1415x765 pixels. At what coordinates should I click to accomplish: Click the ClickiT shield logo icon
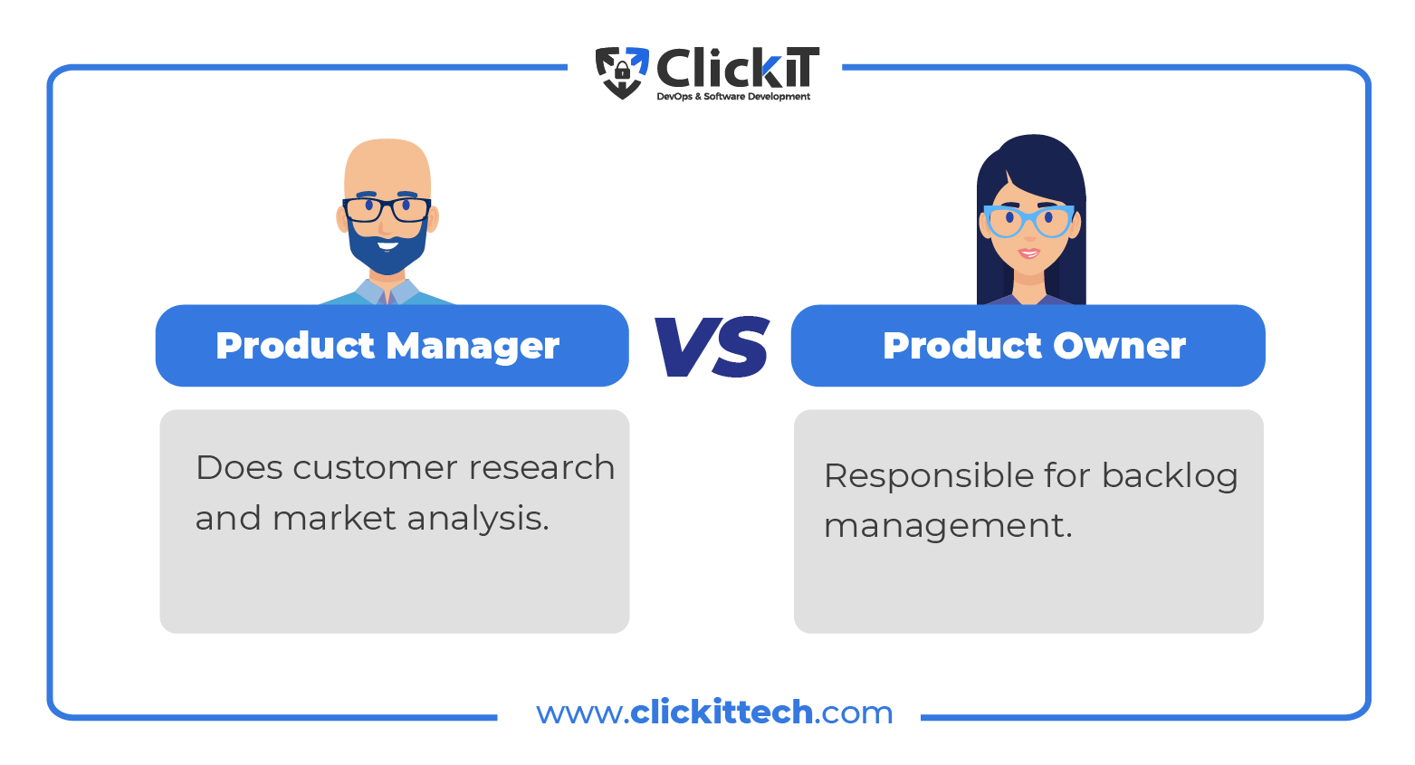click(622, 72)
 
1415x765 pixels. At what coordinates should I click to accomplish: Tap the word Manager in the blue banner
click(473, 347)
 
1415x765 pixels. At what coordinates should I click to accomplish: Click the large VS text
click(712, 346)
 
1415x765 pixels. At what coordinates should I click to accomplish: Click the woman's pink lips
click(1028, 253)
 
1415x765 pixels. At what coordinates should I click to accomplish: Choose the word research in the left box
click(541, 468)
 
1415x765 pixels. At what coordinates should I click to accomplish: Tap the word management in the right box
click(948, 527)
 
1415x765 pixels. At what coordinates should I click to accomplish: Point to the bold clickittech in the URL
click(722, 712)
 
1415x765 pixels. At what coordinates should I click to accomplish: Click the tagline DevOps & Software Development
click(733, 97)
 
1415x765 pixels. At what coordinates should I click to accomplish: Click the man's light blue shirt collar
click(387, 292)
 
